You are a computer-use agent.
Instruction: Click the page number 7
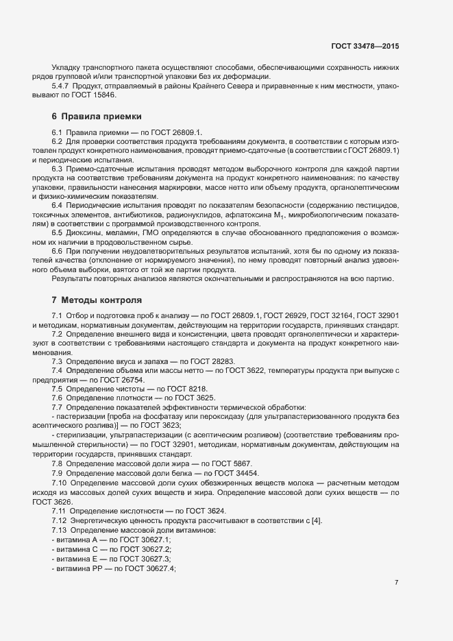(397, 582)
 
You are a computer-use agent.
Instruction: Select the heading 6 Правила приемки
(97, 117)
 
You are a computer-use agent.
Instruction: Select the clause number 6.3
(58, 167)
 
